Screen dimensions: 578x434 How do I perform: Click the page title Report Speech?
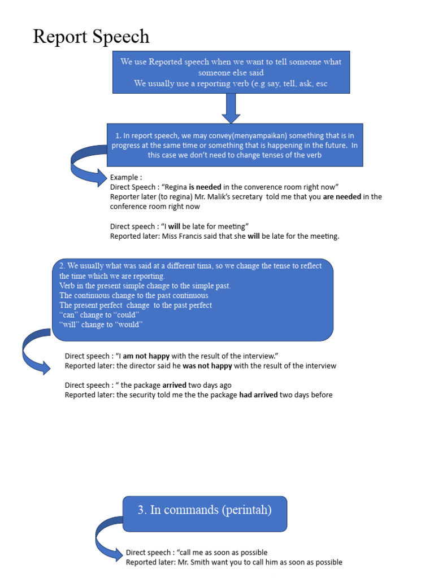click(91, 37)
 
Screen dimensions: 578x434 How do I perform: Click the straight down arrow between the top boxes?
click(231, 108)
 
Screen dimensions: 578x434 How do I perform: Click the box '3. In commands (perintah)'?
click(205, 510)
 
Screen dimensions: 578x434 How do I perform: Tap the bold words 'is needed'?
click(205, 187)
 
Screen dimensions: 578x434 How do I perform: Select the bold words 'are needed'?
click(342, 197)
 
